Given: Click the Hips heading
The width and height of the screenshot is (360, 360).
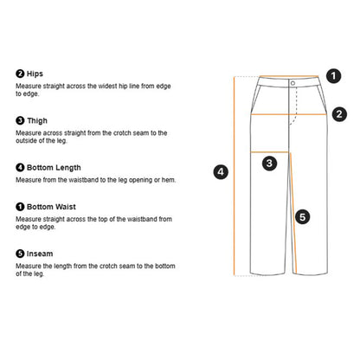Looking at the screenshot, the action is [35, 74].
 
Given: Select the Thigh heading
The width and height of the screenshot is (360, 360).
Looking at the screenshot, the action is [37, 120].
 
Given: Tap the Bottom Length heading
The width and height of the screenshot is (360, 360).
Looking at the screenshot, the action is [54, 168].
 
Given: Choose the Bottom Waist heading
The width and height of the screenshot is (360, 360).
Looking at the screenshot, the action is [51, 207].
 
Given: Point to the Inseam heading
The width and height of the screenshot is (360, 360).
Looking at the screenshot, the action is [40, 254].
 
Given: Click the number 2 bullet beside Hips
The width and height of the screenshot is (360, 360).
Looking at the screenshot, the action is [20, 74].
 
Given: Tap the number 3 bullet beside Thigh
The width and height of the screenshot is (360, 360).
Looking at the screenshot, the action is [20, 120].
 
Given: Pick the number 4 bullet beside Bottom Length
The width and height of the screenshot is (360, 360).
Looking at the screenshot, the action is [20, 168].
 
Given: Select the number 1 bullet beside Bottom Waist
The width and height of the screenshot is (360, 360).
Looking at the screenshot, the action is [20, 207].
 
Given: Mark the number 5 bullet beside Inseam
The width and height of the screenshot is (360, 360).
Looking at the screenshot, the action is [20, 254].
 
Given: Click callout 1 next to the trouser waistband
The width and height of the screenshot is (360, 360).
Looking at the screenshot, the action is [334, 76].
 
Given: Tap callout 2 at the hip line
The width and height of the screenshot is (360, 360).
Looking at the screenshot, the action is [339, 114].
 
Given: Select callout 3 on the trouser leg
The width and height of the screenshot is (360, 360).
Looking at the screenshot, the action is [269, 164].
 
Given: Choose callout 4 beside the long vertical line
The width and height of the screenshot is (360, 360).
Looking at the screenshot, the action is [221, 172].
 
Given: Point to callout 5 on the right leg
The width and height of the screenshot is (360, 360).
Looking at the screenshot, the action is [303, 217].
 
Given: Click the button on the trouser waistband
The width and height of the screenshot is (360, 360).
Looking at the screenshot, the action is [292, 83].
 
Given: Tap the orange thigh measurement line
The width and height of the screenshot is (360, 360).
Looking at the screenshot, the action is [270, 152].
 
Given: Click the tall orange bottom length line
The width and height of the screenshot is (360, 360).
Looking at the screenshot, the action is [234, 176].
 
